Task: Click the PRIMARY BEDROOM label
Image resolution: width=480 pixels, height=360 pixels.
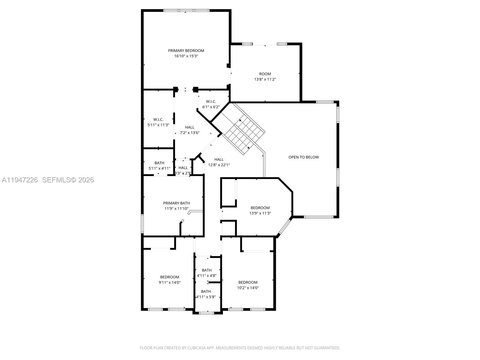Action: [x=186, y=51]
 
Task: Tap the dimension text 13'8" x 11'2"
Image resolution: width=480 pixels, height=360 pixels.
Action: [x=265, y=79]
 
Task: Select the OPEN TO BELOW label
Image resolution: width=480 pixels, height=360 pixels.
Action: [x=304, y=157]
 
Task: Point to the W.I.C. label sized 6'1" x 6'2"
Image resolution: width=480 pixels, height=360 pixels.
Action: [x=211, y=102]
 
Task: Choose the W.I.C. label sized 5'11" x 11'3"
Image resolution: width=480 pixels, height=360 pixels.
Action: [x=158, y=120]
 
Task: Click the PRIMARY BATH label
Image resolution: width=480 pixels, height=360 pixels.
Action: [x=176, y=203]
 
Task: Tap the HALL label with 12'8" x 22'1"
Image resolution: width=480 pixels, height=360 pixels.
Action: [x=219, y=160]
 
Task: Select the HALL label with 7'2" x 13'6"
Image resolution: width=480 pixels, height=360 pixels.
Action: [x=190, y=127]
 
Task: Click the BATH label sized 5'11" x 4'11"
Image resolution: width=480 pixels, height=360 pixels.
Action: [x=159, y=163]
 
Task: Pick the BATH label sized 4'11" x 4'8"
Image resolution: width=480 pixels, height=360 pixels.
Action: [x=206, y=270]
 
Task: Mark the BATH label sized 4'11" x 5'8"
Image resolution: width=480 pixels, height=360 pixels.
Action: [x=206, y=292]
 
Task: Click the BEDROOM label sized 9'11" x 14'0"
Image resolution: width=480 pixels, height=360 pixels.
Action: [x=169, y=277]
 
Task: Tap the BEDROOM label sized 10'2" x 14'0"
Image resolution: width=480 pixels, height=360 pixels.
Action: [x=248, y=282]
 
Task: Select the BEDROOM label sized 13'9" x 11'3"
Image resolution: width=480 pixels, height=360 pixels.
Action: [x=260, y=208]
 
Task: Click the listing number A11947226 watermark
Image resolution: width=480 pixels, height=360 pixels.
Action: [x=20, y=180]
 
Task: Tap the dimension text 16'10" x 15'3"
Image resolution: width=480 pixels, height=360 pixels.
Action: [x=186, y=56]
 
